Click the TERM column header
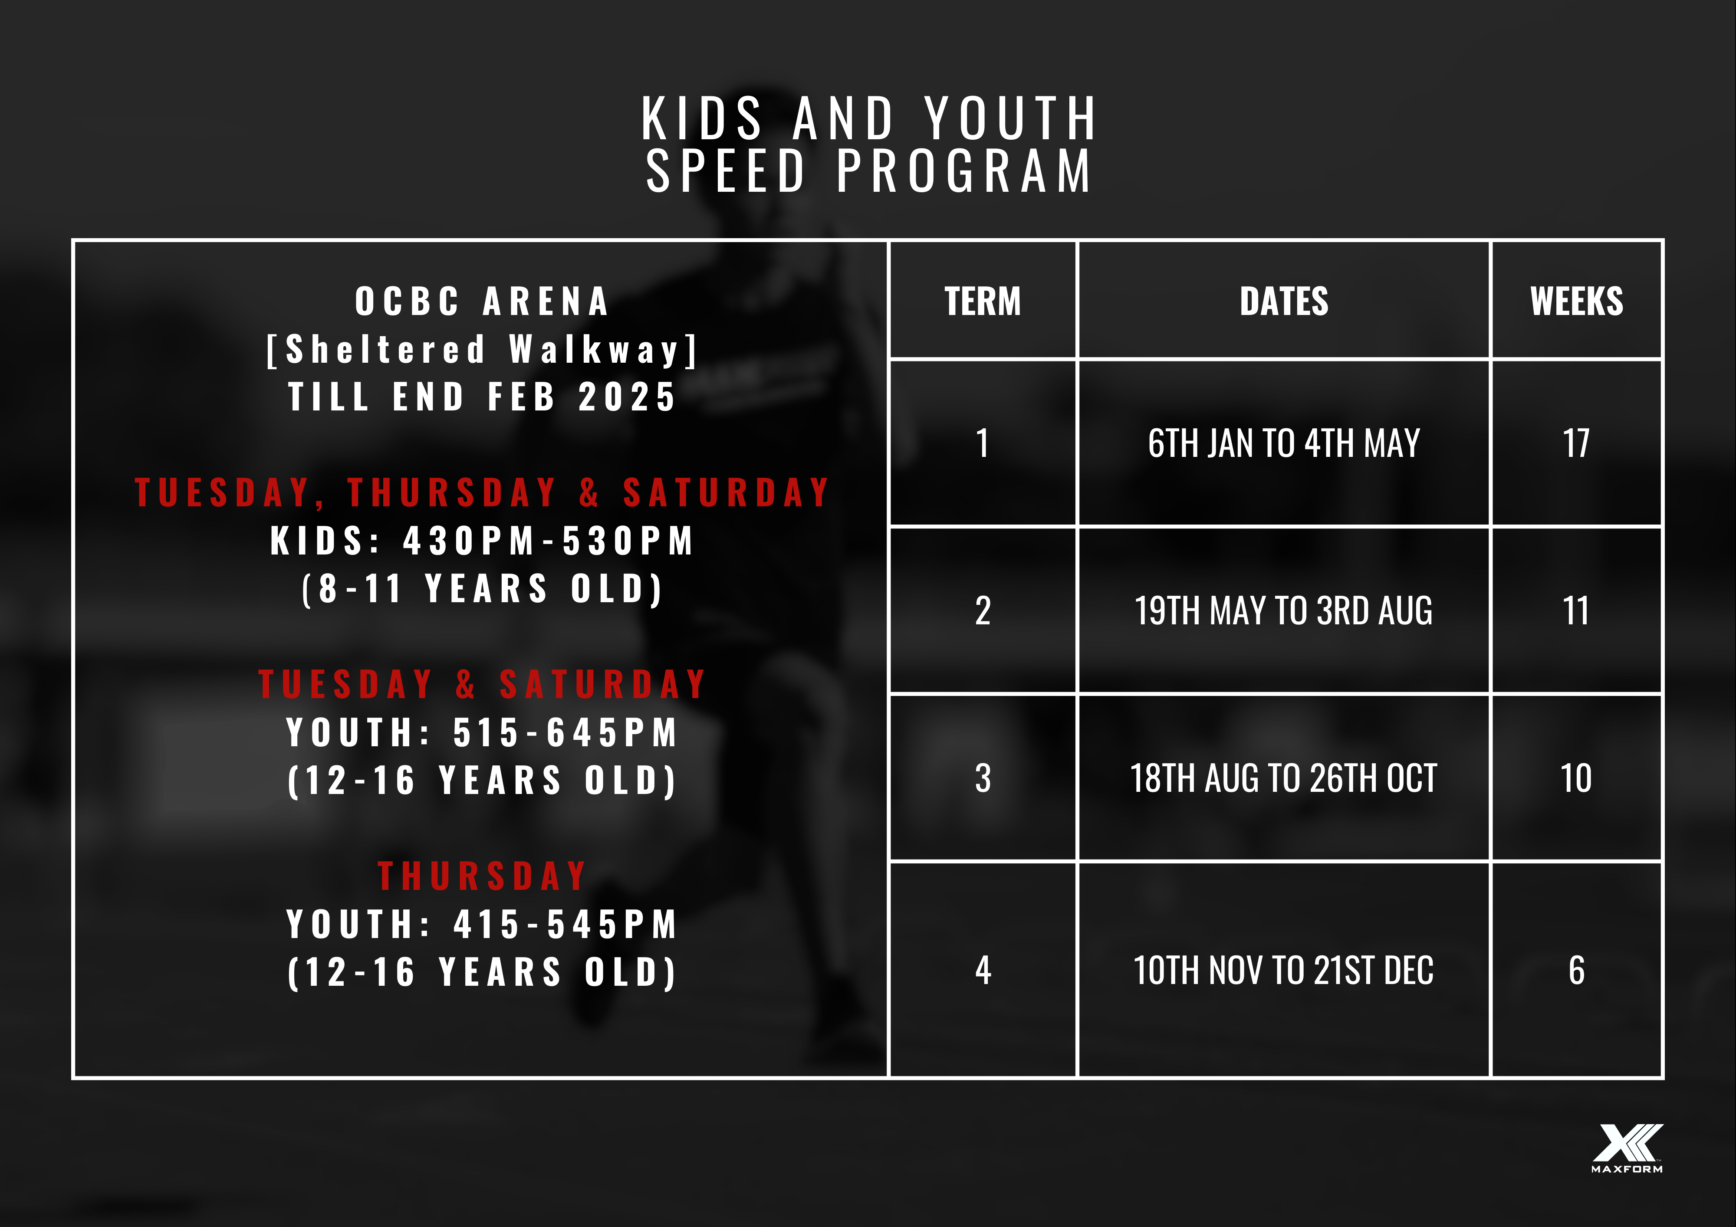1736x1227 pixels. coord(982,301)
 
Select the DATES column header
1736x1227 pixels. coord(1283,301)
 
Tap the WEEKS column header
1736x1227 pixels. coord(1576,301)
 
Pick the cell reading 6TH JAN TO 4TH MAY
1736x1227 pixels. coord(1283,443)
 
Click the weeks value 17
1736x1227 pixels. coord(1576,443)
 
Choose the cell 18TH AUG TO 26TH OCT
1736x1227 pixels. coord(1283,778)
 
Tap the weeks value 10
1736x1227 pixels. coord(1576,778)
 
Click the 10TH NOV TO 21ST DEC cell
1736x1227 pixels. coord(1283,970)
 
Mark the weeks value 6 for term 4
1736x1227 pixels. coord(1576,970)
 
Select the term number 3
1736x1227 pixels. coord(982,778)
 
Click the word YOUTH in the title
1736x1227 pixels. coord(1010,119)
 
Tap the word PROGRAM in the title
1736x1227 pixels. coord(964,171)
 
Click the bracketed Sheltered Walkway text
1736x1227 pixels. coord(482,349)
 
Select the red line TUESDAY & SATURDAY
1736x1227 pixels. coord(482,684)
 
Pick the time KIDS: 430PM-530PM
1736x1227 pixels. coord(482,541)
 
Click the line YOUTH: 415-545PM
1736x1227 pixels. coord(482,924)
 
